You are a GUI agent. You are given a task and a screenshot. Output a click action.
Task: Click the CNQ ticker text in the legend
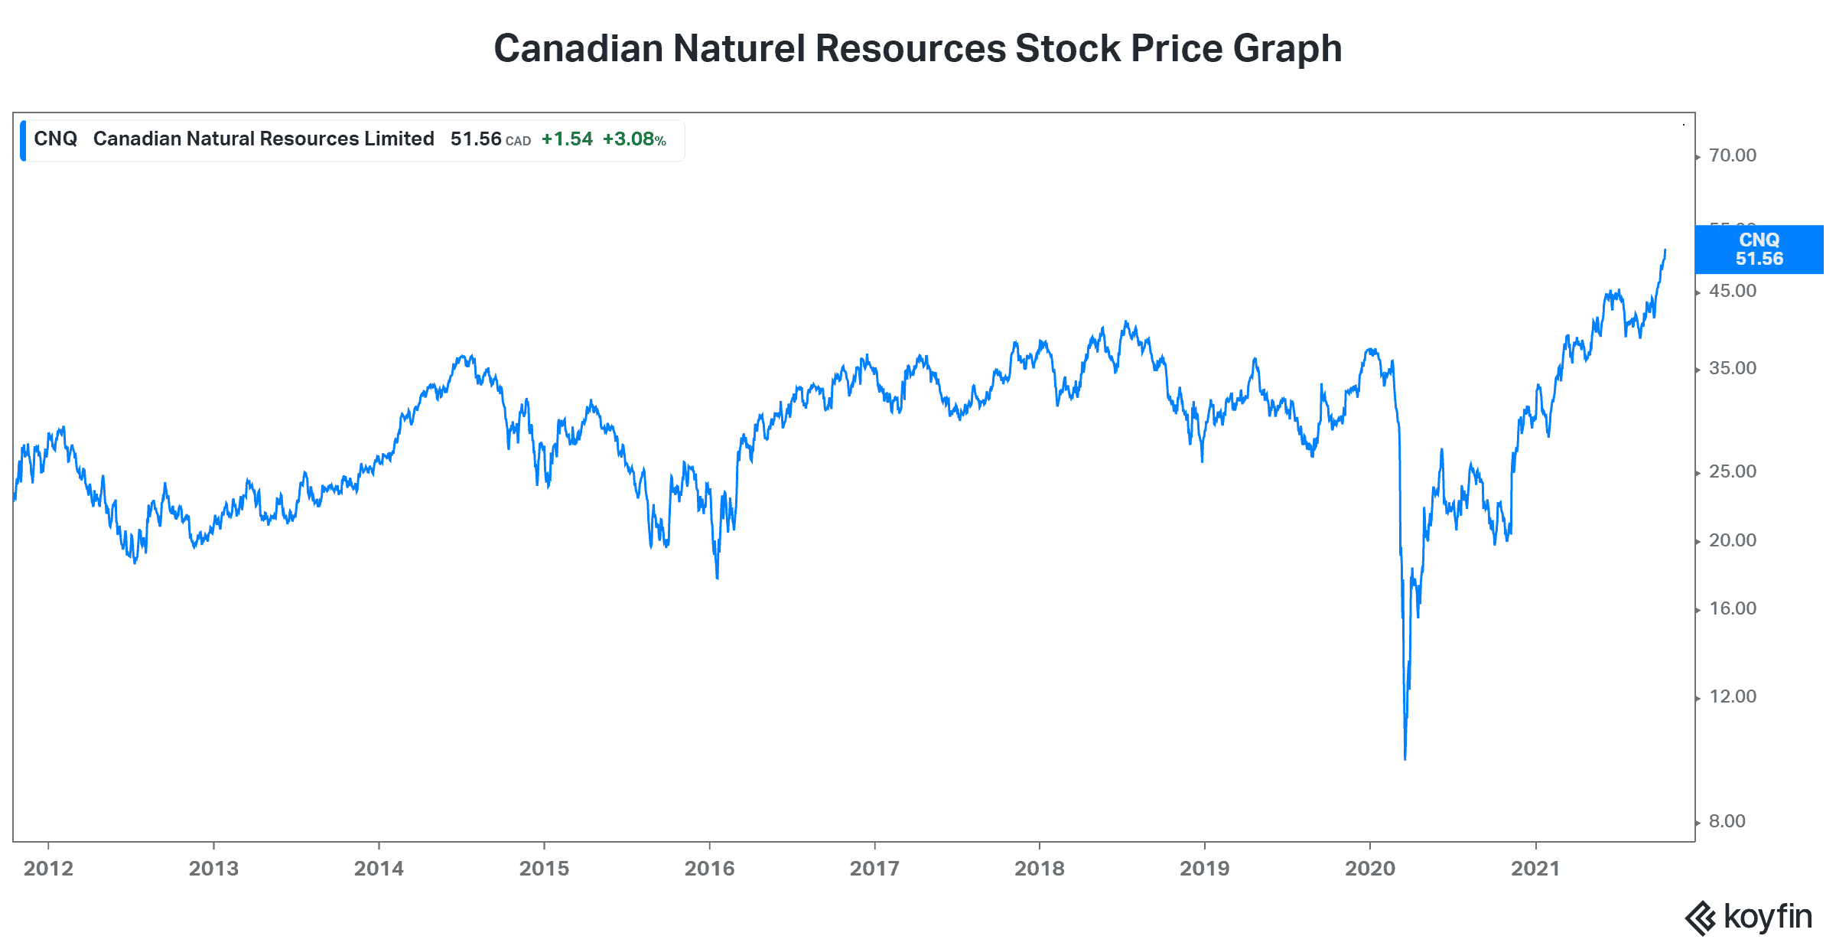tap(55, 139)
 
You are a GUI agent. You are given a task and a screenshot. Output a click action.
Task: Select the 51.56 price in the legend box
tap(475, 139)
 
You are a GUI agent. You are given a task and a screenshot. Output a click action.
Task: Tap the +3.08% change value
tap(633, 139)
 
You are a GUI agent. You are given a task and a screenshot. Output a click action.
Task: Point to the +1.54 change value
tap(567, 139)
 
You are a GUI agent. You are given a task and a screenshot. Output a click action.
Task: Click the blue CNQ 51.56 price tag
tap(1758, 249)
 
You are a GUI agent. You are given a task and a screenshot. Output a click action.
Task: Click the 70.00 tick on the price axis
tap(1732, 155)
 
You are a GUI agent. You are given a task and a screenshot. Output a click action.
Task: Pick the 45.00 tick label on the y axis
tap(1732, 291)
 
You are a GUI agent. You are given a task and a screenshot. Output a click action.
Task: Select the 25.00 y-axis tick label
tap(1732, 471)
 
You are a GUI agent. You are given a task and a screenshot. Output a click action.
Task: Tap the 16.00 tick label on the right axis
tap(1732, 608)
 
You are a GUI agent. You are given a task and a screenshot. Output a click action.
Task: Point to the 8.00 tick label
tap(1727, 821)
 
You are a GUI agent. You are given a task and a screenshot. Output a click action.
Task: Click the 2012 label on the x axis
tap(48, 869)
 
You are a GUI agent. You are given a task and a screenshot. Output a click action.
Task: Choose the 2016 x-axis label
tap(709, 869)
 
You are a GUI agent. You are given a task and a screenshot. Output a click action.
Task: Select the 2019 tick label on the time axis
tap(1204, 869)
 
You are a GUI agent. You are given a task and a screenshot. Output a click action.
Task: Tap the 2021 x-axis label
tap(1535, 869)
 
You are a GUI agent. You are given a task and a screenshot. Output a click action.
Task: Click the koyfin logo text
tap(1767, 916)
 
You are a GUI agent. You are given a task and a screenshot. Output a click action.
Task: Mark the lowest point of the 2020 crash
tap(1405, 758)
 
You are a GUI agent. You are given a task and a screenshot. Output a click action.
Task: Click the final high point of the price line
tap(1665, 250)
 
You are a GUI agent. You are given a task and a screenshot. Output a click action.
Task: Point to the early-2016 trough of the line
tap(717, 578)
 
